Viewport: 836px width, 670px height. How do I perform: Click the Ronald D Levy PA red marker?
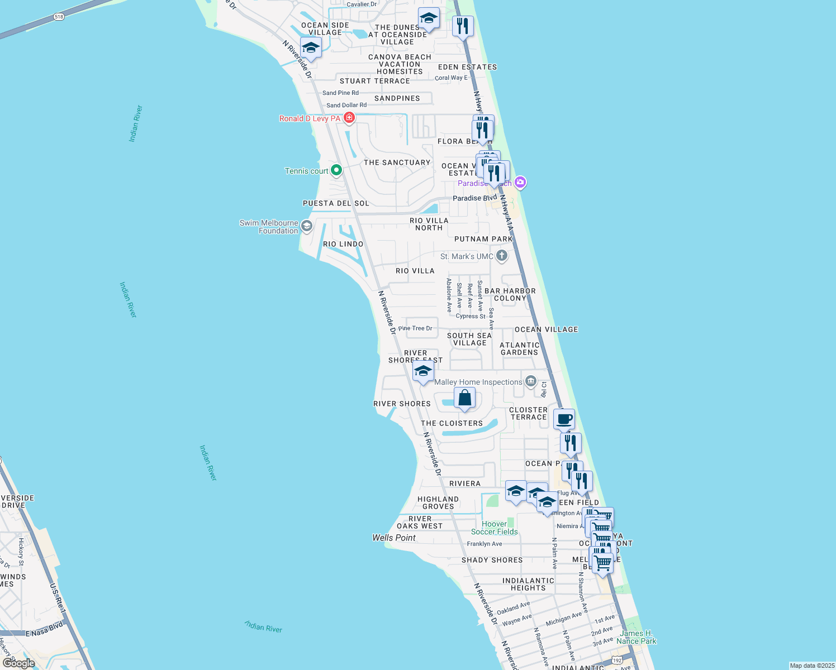click(349, 117)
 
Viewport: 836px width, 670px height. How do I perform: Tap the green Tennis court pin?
click(336, 170)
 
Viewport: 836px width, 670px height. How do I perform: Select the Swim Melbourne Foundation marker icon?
click(307, 226)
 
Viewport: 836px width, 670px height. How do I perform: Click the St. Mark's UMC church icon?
click(502, 256)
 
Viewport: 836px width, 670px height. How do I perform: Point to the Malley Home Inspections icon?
click(531, 382)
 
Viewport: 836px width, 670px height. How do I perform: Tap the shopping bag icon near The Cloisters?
click(464, 398)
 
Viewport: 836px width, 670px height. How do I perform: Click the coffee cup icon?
click(564, 419)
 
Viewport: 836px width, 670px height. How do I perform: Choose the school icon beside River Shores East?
click(423, 371)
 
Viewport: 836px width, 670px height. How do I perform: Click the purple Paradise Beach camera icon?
click(520, 182)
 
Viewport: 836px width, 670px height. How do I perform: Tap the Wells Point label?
click(394, 538)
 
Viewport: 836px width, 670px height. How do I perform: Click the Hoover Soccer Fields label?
click(495, 528)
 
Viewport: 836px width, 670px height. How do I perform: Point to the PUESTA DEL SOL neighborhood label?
click(336, 203)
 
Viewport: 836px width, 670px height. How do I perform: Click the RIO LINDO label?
click(343, 244)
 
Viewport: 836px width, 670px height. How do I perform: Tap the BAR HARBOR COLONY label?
click(510, 294)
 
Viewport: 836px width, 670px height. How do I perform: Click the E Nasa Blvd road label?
click(44, 630)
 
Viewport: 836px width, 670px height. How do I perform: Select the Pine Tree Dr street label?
click(415, 328)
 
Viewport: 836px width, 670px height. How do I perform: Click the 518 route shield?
click(59, 17)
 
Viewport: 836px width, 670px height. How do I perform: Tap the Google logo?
click(19, 663)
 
